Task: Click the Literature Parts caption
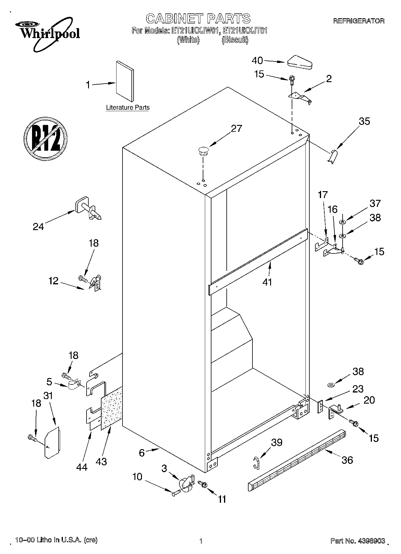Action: pos(128,108)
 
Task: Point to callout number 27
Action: pos(236,129)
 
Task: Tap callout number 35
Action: pos(364,121)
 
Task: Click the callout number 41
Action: pos(267,282)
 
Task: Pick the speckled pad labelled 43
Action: pos(112,409)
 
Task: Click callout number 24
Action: pos(38,227)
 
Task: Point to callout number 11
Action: pos(222,499)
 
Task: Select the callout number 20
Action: pos(369,400)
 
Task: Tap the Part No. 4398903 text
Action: pos(357,541)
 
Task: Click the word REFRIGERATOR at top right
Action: pos(359,21)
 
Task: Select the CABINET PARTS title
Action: pos(198,19)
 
